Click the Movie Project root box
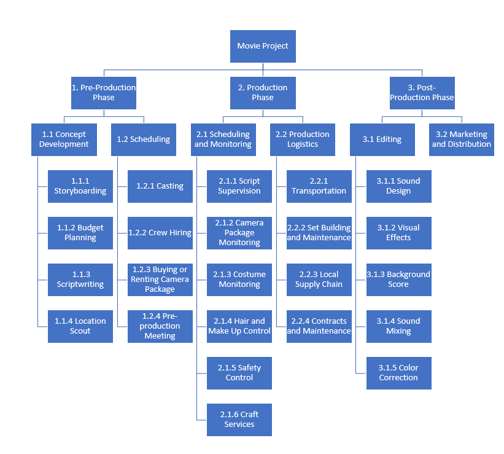pos(263,46)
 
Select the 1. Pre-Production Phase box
pos(103,93)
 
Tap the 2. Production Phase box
pos(263,93)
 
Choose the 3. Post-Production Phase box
pos(422,93)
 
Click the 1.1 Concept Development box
pos(64,139)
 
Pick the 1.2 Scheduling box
pos(144,139)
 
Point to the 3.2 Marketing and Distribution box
pos(462,139)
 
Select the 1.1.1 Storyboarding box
pos(80,186)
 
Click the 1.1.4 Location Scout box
pos(80,326)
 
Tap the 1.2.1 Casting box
pos(160,186)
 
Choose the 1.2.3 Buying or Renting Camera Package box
pos(160,280)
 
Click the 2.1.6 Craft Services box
pos(239,420)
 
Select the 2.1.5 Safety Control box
pos(239,373)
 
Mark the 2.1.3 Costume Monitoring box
pos(239,280)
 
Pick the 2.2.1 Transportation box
pos(319,186)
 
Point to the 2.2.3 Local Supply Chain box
pos(319,280)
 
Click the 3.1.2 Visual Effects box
pos(399,233)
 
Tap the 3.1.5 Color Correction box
pos(399,373)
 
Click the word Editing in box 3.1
pos(389,139)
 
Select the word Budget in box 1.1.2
pos(90,228)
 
